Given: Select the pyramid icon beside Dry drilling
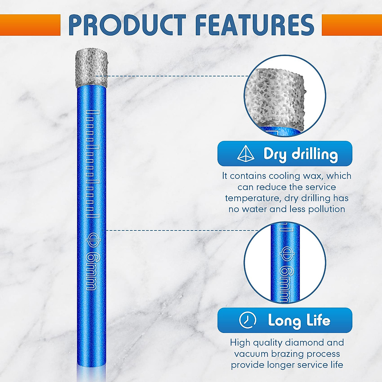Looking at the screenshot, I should (x=246, y=153).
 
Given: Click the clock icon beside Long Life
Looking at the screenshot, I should (x=247, y=320).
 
